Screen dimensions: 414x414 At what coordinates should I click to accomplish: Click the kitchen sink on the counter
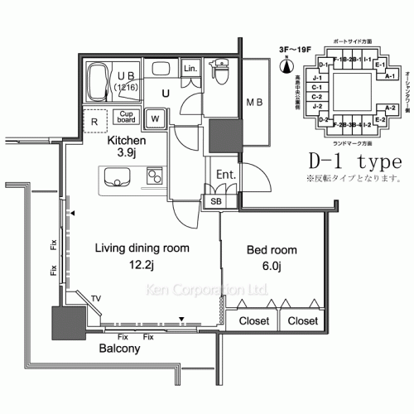coord(117,176)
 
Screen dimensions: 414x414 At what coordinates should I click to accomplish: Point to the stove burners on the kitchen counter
coord(153,176)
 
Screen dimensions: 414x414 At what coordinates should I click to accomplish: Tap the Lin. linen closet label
coord(190,68)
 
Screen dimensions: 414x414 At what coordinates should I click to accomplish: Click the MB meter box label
coord(254,103)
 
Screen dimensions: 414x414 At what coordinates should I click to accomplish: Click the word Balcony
coord(119,349)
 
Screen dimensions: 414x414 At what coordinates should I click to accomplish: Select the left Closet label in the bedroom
coord(253,320)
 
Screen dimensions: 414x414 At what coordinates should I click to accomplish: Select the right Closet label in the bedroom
coord(303,320)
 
